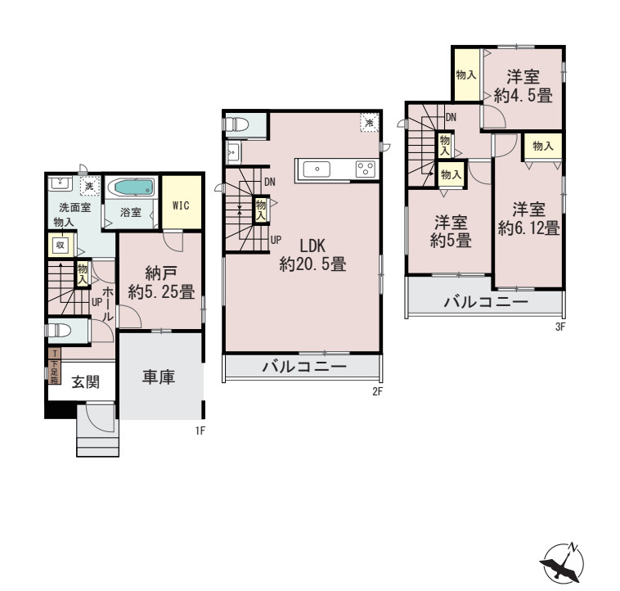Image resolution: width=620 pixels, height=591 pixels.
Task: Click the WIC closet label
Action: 181,205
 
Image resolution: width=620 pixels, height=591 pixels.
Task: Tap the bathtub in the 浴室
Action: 130,187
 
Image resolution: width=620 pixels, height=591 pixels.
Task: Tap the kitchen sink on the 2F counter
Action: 317,169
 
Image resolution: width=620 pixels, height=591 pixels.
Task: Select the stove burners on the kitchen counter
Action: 364,169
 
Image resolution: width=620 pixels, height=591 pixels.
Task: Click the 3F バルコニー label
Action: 486,302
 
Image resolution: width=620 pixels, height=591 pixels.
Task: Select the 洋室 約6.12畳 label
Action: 529,218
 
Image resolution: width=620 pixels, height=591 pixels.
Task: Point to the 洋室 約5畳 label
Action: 450,231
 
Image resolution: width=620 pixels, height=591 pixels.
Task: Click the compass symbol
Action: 564,563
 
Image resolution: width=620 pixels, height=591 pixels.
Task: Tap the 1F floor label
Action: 200,428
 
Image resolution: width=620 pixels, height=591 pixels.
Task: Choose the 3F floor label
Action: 560,327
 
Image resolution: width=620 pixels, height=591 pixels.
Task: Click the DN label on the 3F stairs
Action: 450,117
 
